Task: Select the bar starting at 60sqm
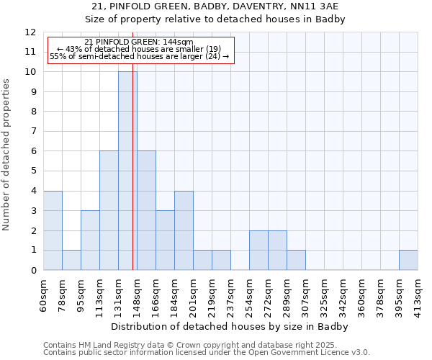53,230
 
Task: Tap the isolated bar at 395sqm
408,260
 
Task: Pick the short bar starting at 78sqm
71,260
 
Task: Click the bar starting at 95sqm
90,240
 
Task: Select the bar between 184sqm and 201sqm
184,230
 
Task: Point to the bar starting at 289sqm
296,260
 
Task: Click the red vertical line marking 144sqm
133,180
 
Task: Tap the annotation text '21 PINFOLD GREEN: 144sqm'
139,42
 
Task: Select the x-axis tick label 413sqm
418,294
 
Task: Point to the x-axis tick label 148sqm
137,294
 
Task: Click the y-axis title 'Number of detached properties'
7,155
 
